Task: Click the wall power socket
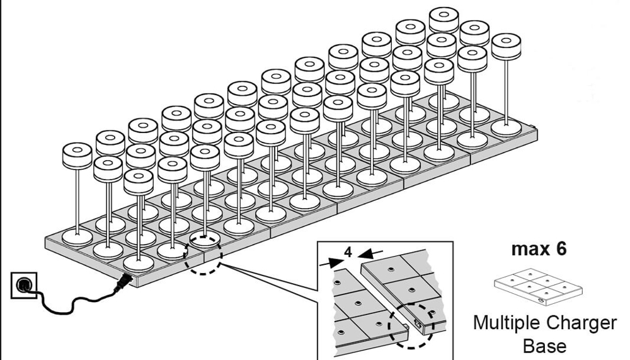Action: coord(24,286)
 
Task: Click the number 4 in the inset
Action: coord(348,251)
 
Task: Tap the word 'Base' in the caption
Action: coord(545,345)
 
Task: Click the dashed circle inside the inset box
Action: coord(412,323)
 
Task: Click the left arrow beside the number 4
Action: coord(329,261)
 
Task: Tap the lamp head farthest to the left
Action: coord(77,156)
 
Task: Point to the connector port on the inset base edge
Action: coord(418,323)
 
